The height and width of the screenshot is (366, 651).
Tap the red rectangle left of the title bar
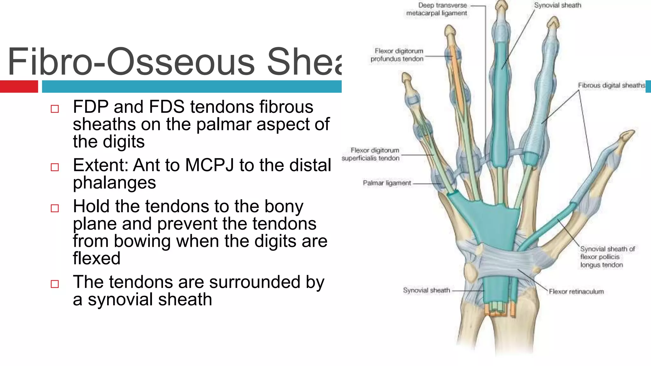point(19,86)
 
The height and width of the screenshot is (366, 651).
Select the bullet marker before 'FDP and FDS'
point(55,109)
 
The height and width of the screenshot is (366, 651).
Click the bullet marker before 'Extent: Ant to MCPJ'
point(55,167)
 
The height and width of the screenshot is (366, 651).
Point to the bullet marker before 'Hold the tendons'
point(55,208)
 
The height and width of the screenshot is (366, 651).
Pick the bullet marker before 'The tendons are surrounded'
point(55,284)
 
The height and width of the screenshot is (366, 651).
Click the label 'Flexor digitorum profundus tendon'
point(397,55)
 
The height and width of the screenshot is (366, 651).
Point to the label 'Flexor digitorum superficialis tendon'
point(371,154)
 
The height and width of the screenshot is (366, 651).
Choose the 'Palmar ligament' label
point(387,183)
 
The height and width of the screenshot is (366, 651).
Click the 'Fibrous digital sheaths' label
point(611,85)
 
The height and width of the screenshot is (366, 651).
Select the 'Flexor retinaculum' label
point(576,291)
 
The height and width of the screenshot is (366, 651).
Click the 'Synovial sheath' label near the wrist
point(426,290)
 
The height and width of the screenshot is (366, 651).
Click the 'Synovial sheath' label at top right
point(557,5)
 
